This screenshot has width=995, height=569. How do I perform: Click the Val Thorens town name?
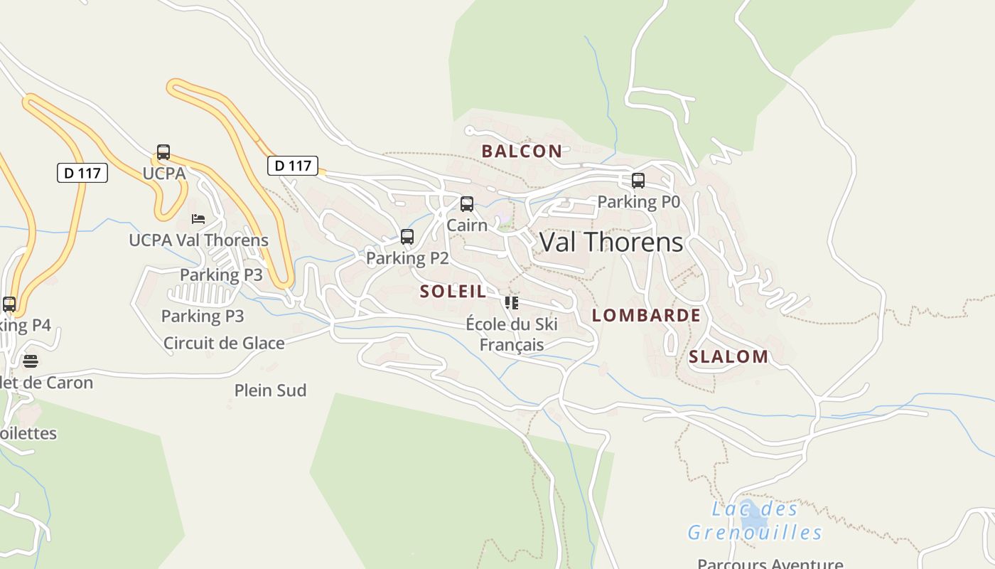[x=611, y=242]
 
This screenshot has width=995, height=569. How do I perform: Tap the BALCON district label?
[x=522, y=151]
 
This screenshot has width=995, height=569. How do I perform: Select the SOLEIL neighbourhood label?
[x=453, y=291]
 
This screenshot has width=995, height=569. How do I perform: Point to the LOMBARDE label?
[x=646, y=315]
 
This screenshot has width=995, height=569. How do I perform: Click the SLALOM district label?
[x=728, y=356]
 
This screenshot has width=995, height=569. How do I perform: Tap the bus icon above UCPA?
[x=163, y=152]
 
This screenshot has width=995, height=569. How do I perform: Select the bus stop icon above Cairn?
[x=467, y=204]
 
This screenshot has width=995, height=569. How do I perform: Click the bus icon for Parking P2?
[x=407, y=237]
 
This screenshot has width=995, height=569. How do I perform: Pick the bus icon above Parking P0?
[x=638, y=181]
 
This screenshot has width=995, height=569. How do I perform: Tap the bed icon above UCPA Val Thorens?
[x=198, y=219]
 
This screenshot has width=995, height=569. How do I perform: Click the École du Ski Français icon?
[x=511, y=303]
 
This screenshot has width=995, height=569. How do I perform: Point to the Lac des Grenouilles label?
[x=755, y=521]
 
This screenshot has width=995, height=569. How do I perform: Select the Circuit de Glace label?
[x=224, y=344]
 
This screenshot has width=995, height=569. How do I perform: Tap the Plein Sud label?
[x=270, y=390]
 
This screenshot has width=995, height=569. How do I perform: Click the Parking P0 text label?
[x=638, y=202]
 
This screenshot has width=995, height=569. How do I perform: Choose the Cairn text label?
[x=467, y=225]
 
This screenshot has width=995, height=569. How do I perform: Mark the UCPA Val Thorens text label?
[x=198, y=240]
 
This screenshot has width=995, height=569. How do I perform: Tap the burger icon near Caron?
[x=30, y=361]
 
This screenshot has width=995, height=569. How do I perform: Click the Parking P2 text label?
[x=407, y=258]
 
